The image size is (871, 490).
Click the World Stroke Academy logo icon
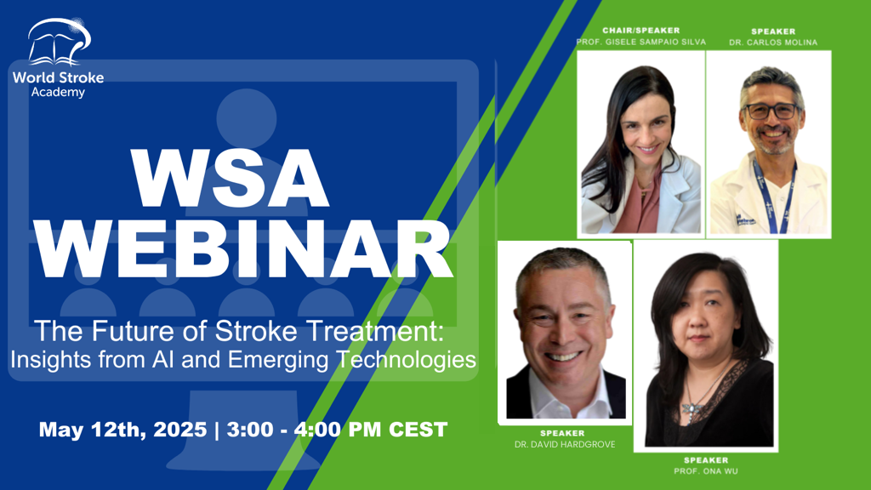click(59, 43)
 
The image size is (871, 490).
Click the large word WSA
click(230, 179)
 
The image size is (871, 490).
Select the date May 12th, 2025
click(122, 430)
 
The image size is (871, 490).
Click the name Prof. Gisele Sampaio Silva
click(641, 42)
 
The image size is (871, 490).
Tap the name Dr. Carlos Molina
click(773, 43)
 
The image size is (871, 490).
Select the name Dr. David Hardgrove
click(565, 444)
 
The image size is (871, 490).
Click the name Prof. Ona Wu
click(706, 471)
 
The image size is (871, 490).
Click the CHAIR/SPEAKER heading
click(641, 31)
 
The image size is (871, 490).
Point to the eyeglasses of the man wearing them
click(771, 111)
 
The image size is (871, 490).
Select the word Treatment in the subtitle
click(373, 331)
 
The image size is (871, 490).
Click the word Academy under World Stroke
click(58, 92)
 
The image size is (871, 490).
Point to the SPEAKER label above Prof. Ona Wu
click(706, 460)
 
